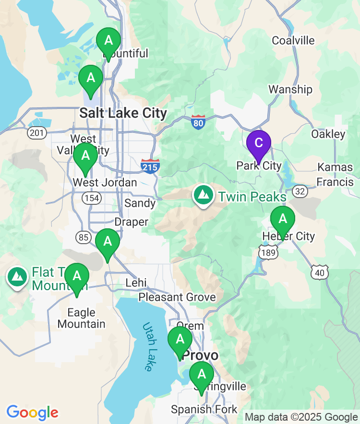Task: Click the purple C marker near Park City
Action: pyautogui.click(x=258, y=143)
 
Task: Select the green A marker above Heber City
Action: pyautogui.click(x=283, y=220)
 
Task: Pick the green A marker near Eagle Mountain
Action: pyautogui.click(x=77, y=277)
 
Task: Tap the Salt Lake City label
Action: pyautogui.click(x=123, y=113)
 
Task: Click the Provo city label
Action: pyautogui.click(x=201, y=356)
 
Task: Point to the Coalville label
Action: pyautogui.click(x=293, y=40)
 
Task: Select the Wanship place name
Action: pyautogui.click(x=290, y=89)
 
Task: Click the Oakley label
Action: pyautogui.click(x=328, y=134)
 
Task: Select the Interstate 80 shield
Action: pyautogui.click(x=198, y=122)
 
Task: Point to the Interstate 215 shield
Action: pyautogui.click(x=150, y=165)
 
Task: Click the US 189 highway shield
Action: pyautogui.click(x=267, y=252)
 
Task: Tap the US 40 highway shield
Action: pyautogui.click(x=320, y=272)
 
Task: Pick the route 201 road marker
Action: pyautogui.click(x=37, y=132)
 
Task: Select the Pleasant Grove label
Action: pyautogui.click(x=177, y=297)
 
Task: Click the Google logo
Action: pyautogui.click(x=32, y=412)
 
